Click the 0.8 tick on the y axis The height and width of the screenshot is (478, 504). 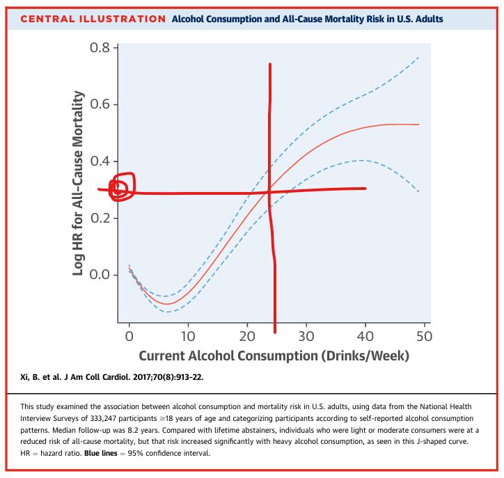[x=99, y=48]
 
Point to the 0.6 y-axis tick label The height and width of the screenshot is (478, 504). [x=99, y=105]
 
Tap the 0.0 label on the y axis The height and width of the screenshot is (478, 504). [x=99, y=275]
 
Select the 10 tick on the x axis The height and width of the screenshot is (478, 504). [x=188, y=337]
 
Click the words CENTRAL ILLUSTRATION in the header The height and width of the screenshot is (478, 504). [x=88, y=18]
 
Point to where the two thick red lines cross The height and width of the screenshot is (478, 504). [x=269, y=192]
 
